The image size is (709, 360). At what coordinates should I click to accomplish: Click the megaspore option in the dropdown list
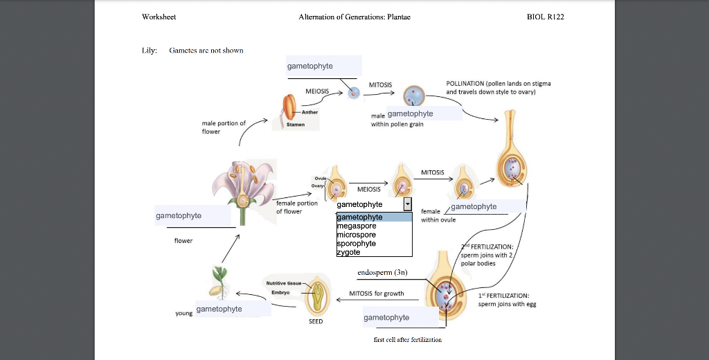coord(357,226)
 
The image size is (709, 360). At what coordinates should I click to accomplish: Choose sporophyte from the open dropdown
coord(356,243)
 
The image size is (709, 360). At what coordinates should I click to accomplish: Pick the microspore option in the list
coord(357,235)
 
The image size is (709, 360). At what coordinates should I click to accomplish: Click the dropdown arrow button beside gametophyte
coord(407,204)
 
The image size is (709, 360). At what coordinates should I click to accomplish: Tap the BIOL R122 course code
coord(546,17)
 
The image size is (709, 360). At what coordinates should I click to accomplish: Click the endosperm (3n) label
coord(382,273)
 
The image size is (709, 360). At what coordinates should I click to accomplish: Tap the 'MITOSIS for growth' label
coord(377,294)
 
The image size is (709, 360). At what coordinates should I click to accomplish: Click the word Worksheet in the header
coord(159,17)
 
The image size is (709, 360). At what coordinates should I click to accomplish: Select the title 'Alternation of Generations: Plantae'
coord(354,17)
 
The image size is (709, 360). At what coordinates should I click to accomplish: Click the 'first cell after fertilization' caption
coord(407,339)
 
